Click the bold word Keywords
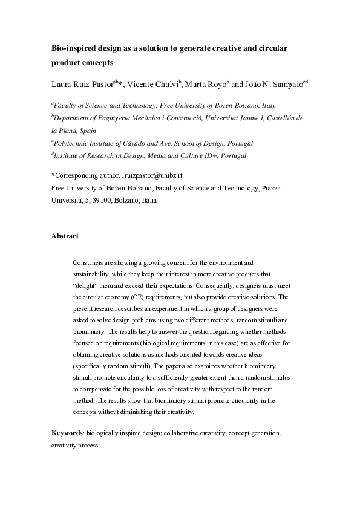67,433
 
